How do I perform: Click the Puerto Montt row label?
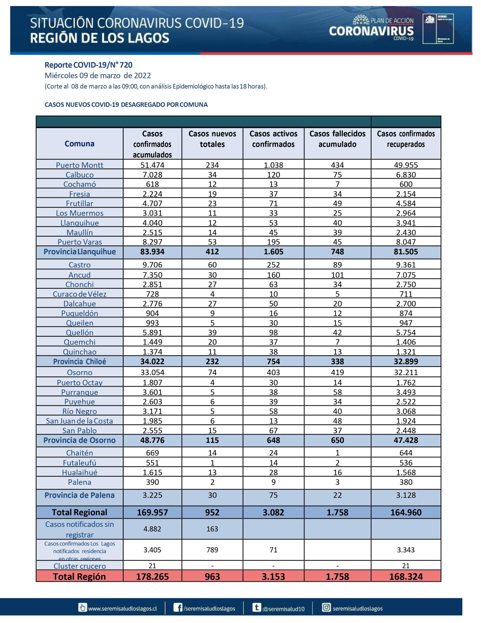coord(80,165)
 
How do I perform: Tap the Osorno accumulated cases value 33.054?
coord(152,372)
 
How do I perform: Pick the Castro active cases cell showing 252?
coord(273,265)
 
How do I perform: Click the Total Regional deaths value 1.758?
coord(337,512)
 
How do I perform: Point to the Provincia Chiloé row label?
coord(80,361)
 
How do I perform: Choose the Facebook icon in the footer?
coord(178,608)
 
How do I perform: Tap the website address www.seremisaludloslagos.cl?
coord(122,608)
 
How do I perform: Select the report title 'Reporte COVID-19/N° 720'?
coord(88,65)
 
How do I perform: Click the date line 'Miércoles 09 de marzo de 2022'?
coord(98,76)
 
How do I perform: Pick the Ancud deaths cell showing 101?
coord(337,275)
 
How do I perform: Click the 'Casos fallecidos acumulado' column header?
coord(337,139)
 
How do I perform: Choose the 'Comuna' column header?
coord(80,144)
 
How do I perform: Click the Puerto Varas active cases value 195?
coord(273,242)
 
